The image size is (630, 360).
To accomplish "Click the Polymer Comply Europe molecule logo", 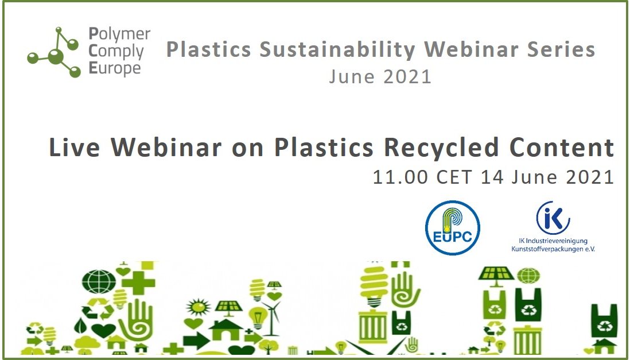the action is click(x=54, y=52).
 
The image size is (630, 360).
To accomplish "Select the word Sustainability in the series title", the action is click(x=337, y=49).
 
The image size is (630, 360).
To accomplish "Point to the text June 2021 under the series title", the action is click(x=380, y=76).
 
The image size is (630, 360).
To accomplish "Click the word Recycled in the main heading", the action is click(x=441, y=147).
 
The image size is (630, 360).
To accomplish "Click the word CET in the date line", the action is click(x=454, y=177).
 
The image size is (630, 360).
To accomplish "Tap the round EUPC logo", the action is click(x=452, y=228).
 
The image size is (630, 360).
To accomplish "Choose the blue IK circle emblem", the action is click(x=553, y=218).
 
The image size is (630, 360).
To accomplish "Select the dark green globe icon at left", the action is click(x=99, y=281).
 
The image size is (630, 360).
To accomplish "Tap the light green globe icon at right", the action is click(x=528, y=276).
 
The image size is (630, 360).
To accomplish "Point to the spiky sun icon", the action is click(x=198, y=308).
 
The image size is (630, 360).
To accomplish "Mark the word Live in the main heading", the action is click(x=74, y=147).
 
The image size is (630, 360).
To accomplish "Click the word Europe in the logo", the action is click(x=115, y=68).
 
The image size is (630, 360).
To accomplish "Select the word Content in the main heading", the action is click(x=562, y=147).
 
